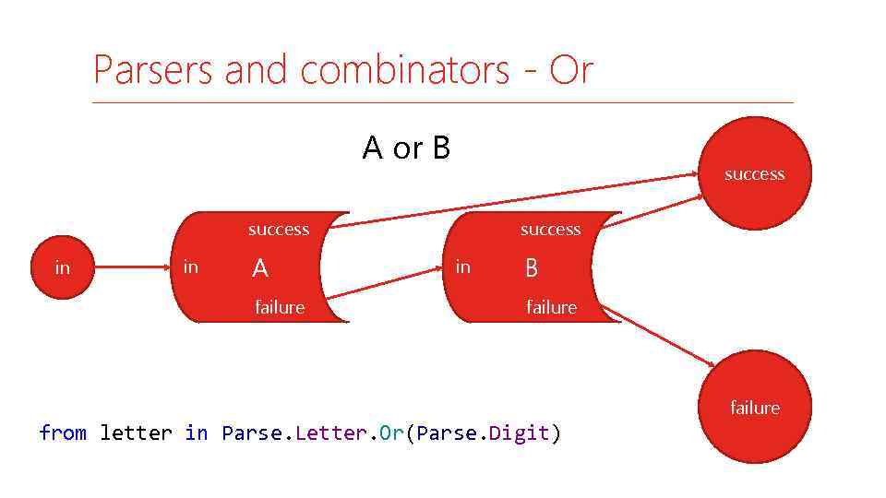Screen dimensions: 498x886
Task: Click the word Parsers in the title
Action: coord(153,70)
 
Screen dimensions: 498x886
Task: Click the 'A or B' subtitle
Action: coord(406,148)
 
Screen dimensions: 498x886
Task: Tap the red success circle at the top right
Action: coord(754,173)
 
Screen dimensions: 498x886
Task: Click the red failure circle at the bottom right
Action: coord(754,407)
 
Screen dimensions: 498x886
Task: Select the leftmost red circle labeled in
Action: coord(62,268)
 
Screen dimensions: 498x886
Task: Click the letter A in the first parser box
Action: coord(260,269)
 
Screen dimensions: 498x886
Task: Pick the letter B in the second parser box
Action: coord(532,269)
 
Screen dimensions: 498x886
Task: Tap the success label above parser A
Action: coord(279,229)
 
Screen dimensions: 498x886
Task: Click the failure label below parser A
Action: coord(280,307)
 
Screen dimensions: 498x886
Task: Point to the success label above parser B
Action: coord(550,229)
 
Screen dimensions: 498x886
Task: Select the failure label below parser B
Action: coord(551,307)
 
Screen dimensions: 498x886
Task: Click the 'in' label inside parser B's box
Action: coord(463,267)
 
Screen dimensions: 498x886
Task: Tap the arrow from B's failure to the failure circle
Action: coord(657,336)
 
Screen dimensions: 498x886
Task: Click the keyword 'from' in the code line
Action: coord(63,433)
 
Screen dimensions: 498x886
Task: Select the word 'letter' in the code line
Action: coord(136,433)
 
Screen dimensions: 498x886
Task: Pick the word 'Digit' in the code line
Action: coord(519,433)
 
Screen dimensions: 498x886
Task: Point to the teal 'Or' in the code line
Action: coord(391,433)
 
